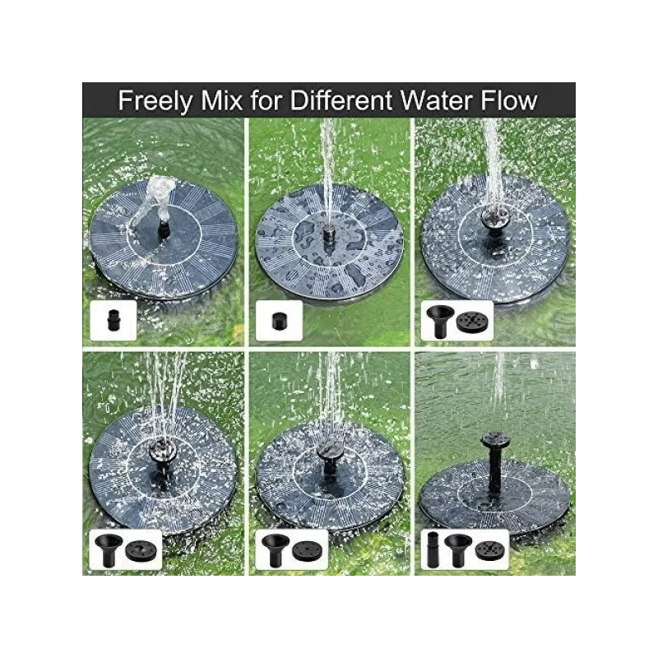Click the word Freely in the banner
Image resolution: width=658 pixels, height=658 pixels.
point(155,100)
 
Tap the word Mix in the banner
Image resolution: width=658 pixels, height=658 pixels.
point(221,100)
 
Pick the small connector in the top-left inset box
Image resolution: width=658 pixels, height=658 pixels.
point(114,321)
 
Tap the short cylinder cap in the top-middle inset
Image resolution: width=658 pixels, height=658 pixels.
point(279,322)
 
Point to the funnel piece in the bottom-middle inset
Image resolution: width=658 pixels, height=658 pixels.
point(275,549)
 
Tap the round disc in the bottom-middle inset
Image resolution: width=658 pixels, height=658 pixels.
point(308,551)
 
